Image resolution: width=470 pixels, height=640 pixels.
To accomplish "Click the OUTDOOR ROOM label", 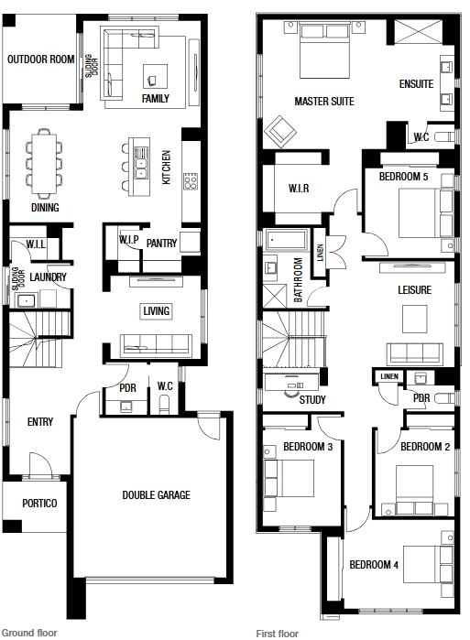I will (41, 60).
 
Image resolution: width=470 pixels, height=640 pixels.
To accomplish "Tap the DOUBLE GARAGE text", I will (157, 495).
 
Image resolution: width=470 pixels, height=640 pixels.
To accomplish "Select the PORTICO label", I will (39, 504).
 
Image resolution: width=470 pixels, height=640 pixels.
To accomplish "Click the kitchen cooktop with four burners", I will (191, 180).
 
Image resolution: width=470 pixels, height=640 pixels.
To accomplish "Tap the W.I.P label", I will (128, 240).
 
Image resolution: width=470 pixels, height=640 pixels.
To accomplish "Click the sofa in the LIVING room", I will (156, 345).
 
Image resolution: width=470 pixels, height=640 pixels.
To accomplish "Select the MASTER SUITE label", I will (323, 101).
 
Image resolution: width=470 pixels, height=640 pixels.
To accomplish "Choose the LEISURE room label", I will (414, 290).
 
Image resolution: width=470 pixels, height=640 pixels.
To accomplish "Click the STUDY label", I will (312, 399).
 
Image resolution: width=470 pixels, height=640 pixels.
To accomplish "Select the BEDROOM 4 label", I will (374, 565).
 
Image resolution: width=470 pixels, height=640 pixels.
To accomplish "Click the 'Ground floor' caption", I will (29, 632).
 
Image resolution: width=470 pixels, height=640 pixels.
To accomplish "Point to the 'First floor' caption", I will (278, 632).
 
